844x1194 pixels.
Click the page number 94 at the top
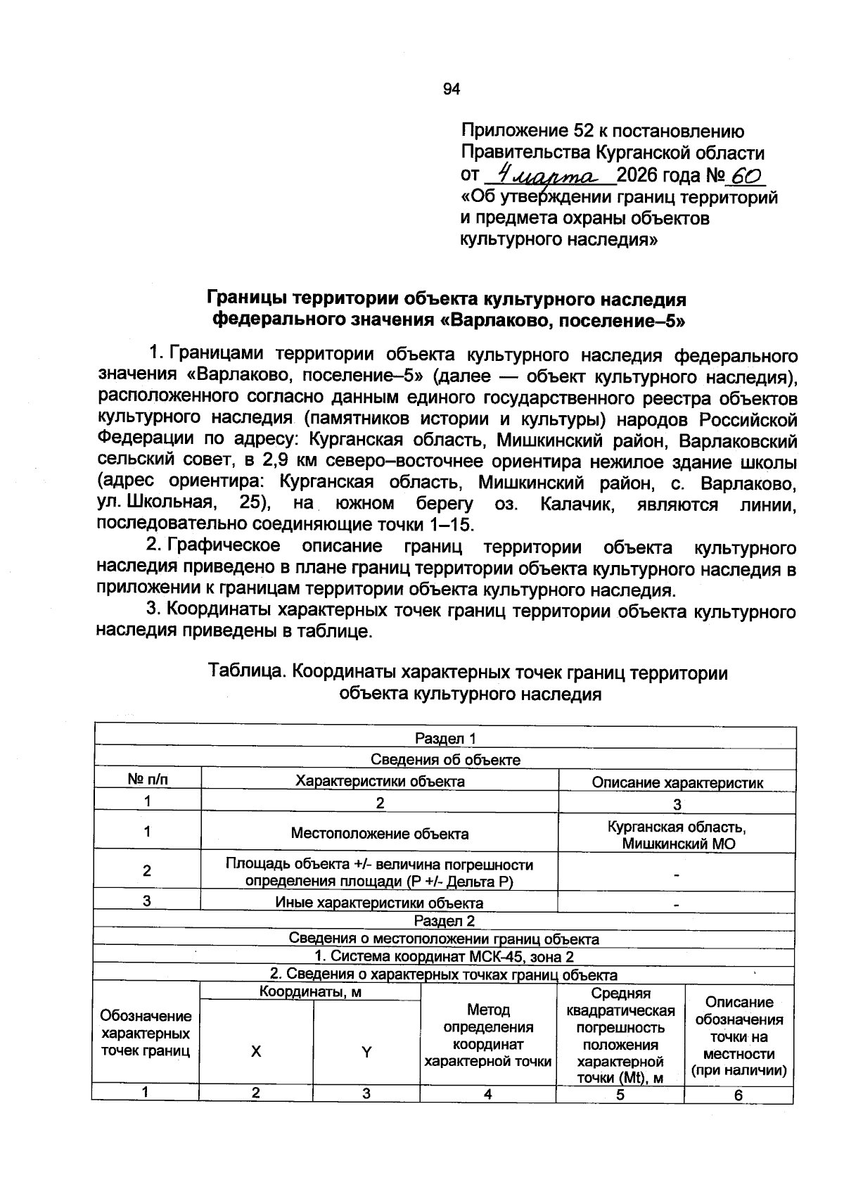point(451,89)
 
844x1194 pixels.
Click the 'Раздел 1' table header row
point(445,738)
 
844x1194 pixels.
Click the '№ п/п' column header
point(148,780)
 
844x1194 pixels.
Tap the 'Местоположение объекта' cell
point(380,834)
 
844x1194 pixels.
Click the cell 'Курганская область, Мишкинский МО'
point(677,834)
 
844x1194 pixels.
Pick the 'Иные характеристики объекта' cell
point(379,903)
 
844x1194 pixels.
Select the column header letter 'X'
point(256,1051)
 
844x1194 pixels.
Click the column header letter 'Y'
point(366,1052)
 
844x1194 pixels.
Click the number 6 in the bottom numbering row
point(738,1095)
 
